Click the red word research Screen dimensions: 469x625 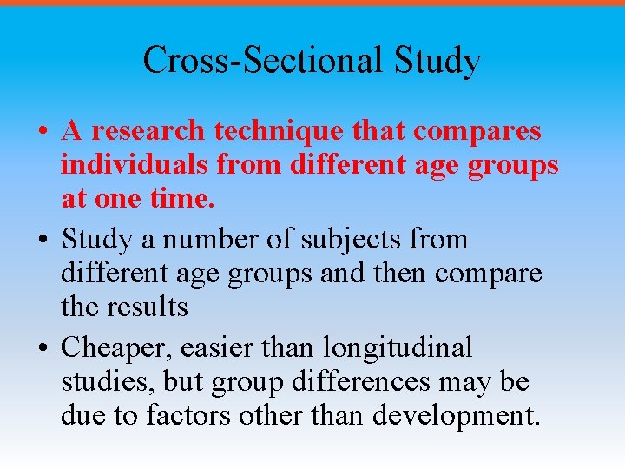pos(148,131)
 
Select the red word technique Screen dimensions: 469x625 pos(270,131)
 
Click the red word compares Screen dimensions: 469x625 pos(477,131)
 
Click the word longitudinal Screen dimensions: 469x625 pos(397,347)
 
